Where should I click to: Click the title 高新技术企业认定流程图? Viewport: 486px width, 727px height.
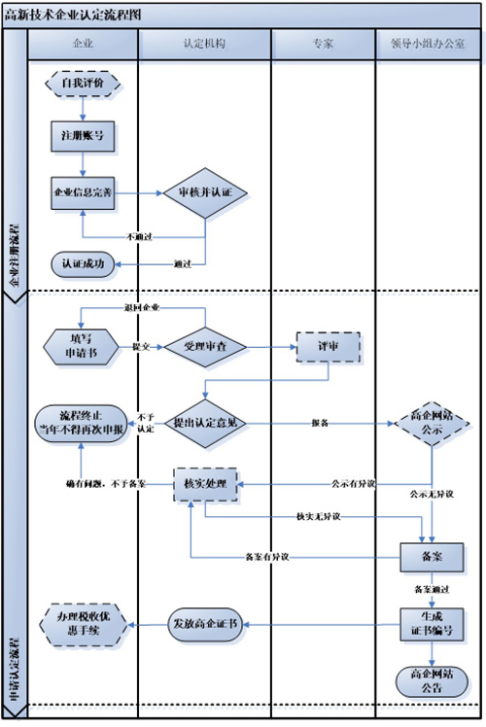(x=76, y=15)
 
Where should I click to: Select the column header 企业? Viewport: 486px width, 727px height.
(x=83, y=45)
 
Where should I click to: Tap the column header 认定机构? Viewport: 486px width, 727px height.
(x=204, y=45)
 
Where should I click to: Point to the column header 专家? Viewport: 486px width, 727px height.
(x=323, y=45)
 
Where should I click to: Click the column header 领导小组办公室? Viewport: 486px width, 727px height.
(x=428, y=45)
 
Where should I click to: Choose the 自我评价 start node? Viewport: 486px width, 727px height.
(x=83, y=84)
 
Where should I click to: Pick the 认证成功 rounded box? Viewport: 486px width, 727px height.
(x=83, y=262)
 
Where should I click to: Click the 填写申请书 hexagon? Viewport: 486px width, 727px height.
(x=82, y=345)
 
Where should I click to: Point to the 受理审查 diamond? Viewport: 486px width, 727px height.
(x=205, y=345)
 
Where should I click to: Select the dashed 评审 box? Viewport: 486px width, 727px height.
(x=329, y=346)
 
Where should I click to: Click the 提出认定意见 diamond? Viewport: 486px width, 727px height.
(x=205, y=422)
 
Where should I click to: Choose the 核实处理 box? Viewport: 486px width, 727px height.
(x=205, y=482)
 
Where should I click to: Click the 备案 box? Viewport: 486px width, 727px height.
(x=428, y=557)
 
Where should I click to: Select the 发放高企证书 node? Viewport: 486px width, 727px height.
(x=205, y=622)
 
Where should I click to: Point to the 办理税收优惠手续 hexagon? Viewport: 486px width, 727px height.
(x=84, y=623)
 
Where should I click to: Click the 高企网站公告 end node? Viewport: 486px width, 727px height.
(x=428, y=679)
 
